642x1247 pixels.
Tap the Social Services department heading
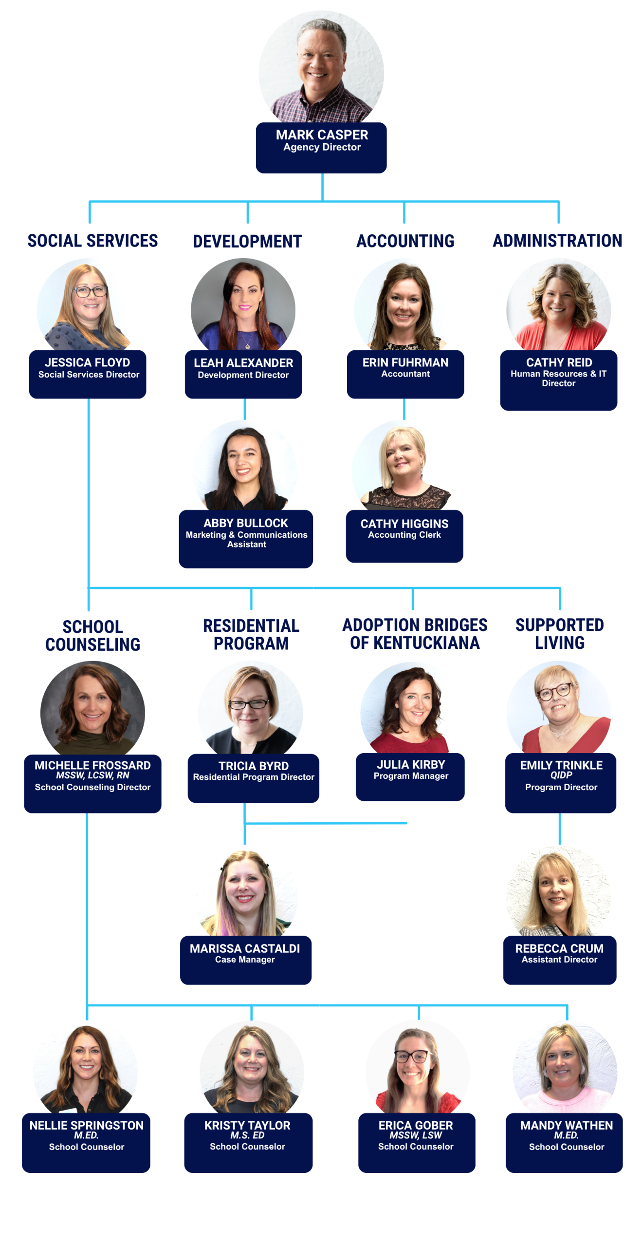[92, 241]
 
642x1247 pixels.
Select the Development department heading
[247, 241]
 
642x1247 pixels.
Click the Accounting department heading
[405, 241]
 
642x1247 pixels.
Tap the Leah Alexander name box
[243, 374]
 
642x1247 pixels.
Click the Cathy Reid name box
[558, 379]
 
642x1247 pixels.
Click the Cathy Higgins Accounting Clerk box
[404, 535]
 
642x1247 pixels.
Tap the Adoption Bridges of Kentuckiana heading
[414, 633]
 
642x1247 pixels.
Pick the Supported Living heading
[559, 633]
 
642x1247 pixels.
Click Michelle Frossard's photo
[92, 709]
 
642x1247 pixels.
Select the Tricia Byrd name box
[253, 777]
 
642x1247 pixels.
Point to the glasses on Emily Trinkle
[554, 692]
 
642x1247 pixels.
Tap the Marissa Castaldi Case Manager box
[245, 959]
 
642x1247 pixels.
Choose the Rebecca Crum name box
[559, 959]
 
